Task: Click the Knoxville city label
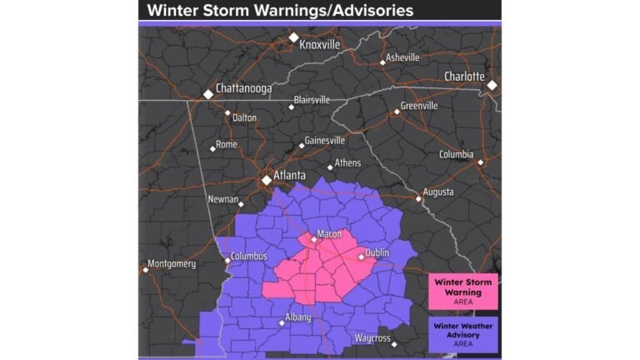click(320, 45)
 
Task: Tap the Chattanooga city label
click(244, 87)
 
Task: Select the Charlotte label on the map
click(464, 77)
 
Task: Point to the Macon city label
click(329, 233)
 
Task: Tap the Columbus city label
click(250, 256)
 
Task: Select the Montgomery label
click(172, 264)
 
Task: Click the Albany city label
click(297, 317)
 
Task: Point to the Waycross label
click(372, 338)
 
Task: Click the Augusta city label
click(438, 192)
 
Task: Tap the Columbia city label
click(456, 154)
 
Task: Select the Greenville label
click(419, 106)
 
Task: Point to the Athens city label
click(347, 162)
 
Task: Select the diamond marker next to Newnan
click(241, 204)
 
